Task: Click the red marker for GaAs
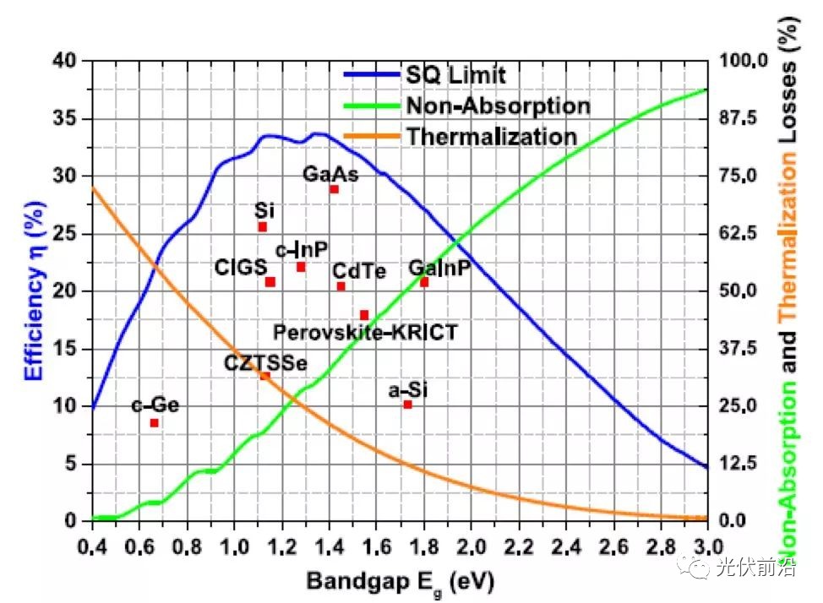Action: [x=334, y=189]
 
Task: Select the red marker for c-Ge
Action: [x=154, y=423]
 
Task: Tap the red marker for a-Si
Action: [x=407, y=405]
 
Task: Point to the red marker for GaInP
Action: [x=424, y=282]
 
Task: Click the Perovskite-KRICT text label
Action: [x=365, y=332]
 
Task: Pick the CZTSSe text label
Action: [x=265, y=362]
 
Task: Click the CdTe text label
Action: [x=359, y=271]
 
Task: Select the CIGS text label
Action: [x=241, y=269]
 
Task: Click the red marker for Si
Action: [x=262, y=227]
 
